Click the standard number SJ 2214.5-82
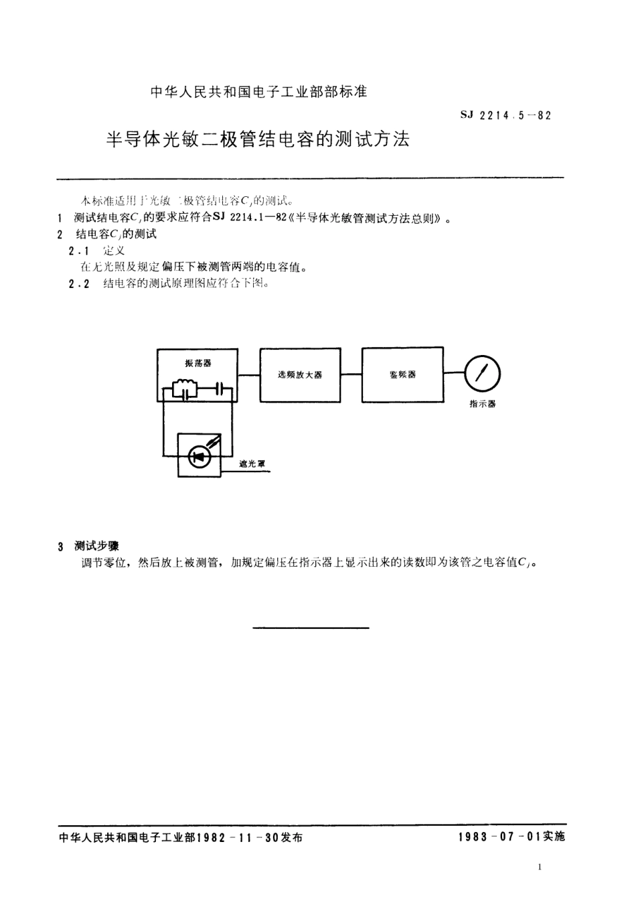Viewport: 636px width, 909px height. pos(506,115)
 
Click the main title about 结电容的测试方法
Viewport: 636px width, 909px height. pos(258,139)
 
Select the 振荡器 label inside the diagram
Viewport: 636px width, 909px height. pos(197,363)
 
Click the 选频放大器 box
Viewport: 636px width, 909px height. pos(300,375)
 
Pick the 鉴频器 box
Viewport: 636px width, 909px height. pos(402,375)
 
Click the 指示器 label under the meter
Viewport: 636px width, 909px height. pos(482,404)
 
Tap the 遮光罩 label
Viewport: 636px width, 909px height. pos(252,464)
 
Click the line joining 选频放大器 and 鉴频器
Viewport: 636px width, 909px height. pos(351,375)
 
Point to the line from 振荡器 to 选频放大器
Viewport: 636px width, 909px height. pos(249,375)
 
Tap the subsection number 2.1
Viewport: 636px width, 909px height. pos(79,251)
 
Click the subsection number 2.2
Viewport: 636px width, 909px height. pos(79,283)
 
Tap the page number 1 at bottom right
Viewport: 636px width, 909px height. pos(540,867)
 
